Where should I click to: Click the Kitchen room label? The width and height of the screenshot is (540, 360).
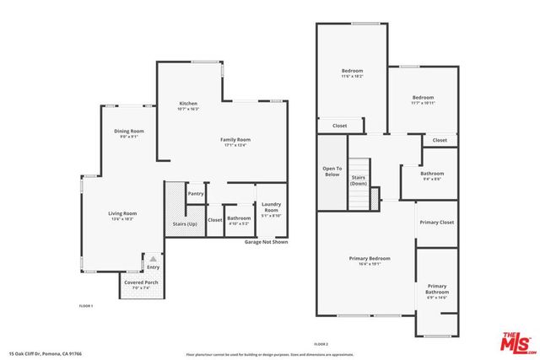pos(188,104)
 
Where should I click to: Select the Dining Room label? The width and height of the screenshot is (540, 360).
pos(130,132)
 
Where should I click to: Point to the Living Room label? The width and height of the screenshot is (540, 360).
pos(122,215)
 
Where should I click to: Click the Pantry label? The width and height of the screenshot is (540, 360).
pos(196,194)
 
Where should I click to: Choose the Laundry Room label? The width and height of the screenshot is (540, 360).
pos(271,208)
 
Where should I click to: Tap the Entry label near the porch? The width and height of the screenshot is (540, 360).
pos(153,267)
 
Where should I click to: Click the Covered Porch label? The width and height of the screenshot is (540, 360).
pos(139,284)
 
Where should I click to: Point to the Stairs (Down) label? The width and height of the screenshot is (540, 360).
pos(358,180)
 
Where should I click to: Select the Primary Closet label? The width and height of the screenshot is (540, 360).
pos(436,223)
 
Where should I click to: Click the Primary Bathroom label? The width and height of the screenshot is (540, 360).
pos(436,289)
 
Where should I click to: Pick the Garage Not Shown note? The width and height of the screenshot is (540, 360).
pos(266,242)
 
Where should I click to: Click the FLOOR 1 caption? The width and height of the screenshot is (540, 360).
pos(86,305)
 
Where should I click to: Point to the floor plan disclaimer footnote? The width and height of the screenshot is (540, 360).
pos(270,355)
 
